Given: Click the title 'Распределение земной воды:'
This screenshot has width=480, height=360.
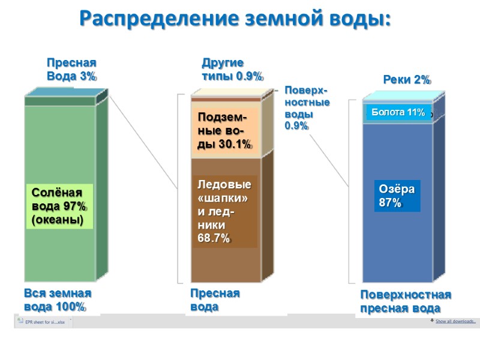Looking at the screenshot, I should [235, 18].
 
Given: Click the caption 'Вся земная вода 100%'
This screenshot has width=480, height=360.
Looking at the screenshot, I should [58, 300].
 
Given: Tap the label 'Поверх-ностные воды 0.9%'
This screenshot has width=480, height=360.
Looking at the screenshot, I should [307, 107].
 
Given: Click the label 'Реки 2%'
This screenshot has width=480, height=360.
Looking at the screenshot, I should [407, 80].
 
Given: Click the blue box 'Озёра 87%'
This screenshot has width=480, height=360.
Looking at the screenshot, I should [397, 196].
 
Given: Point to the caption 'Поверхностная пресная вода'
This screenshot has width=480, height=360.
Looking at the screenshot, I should [406, 302].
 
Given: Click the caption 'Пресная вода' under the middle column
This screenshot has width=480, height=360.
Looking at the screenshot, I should [215, 300].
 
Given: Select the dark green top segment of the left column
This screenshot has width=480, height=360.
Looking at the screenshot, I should [60, 101].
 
